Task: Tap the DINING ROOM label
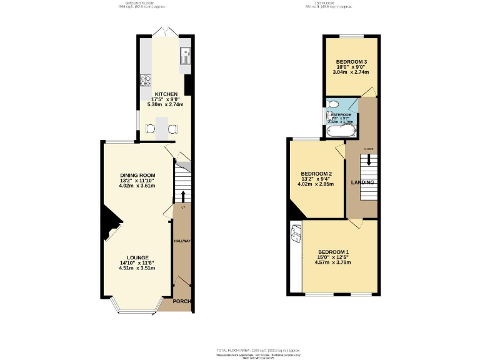coord(137,175)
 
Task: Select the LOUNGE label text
coord(137,257)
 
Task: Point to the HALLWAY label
coord(182,241)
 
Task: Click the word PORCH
coord(182,302)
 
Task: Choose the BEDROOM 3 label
coord(351,61)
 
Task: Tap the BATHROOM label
coord(341,115)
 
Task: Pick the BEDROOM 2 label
coord(316,174)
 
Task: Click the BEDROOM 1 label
coord(333,252)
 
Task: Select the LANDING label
coord(362,182)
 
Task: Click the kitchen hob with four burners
coord(146,79)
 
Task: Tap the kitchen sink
coord(186,57)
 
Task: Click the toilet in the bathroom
coord(332,104)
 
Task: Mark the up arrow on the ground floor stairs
coord(182,194)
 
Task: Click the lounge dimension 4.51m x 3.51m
coord(137,268)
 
